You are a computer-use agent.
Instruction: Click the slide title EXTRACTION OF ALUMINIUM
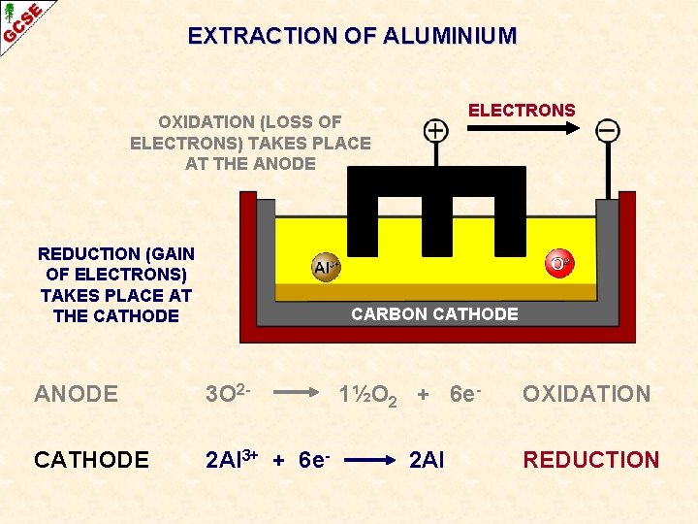[352, 37]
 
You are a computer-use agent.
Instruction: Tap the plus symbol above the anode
[436, 130]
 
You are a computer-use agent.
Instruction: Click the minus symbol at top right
[608, 130]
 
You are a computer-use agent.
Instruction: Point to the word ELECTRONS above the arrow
[522, 110]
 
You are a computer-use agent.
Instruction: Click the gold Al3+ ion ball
[326, 267]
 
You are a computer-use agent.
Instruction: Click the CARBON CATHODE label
[434, 313]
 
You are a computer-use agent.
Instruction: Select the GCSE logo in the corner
[21, 21]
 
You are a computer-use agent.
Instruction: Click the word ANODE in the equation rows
[76, 394]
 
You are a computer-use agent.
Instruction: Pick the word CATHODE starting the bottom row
[91, 460]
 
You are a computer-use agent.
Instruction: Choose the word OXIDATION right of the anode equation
[587, 394]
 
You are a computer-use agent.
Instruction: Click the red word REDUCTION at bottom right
[591, 460]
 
